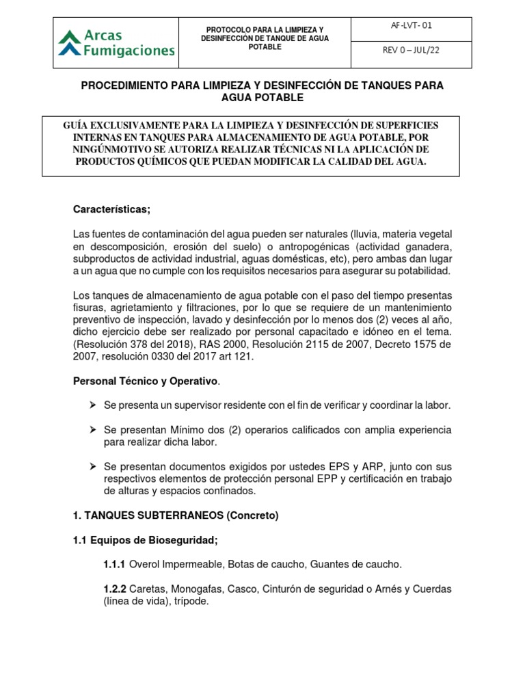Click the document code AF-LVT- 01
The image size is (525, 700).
click(x=412, y=26)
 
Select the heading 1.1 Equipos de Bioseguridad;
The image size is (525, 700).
click(x=145, y=540)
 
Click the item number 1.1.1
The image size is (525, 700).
click(x=114, y=565)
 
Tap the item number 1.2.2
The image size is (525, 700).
click(x=114, y=589)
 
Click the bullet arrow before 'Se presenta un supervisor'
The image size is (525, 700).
click(x=93, y=405)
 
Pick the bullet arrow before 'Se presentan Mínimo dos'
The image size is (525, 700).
click(x=93, y=430)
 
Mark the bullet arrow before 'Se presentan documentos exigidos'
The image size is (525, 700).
click(x=93, y=467)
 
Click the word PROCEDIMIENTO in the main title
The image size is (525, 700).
click(x=123, y=85)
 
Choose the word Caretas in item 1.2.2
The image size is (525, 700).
click(x=146, y=589)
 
